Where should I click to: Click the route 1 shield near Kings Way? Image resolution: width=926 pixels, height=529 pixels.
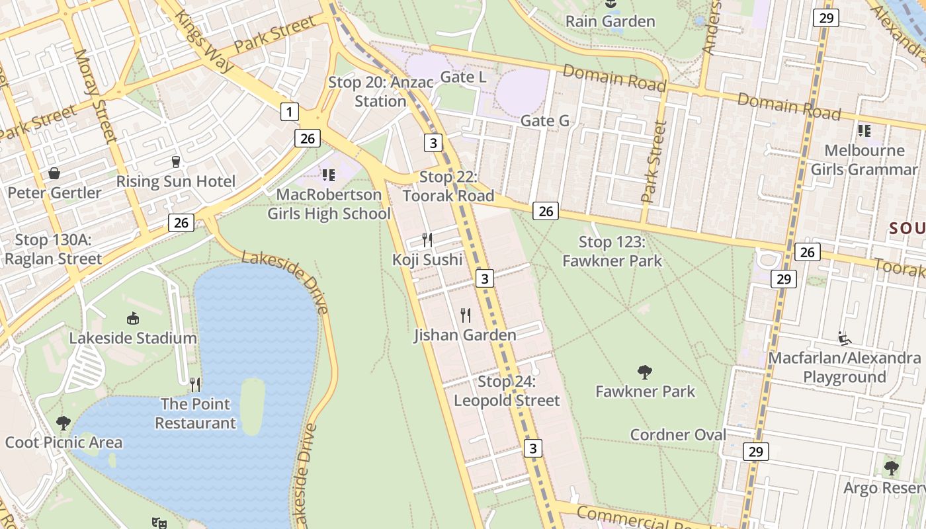pos(289,112)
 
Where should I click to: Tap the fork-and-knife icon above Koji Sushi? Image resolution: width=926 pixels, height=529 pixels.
pos(427,239)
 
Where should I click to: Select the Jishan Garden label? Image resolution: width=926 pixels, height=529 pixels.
pos(465,335)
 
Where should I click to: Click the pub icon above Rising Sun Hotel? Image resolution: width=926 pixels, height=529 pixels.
pos(175,161)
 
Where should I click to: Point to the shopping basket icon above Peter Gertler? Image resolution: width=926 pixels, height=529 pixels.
pos(54,173)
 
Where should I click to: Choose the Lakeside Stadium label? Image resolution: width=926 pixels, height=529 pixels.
pos(133,339)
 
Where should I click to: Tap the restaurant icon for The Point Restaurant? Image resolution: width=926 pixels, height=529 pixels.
pos(195,384)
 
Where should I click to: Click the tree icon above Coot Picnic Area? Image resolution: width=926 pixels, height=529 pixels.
pos(63,423)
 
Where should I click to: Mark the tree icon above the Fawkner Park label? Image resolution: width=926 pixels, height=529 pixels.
pos(645,372)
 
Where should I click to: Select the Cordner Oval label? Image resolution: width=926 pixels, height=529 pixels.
pos(678,435)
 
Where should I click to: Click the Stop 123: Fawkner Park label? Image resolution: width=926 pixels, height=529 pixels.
pos(612,251)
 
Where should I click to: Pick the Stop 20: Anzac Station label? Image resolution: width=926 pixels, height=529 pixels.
pos(380,92)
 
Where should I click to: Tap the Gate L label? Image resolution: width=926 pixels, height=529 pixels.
pos(463,77)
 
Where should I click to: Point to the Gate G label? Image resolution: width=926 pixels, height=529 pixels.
pos(544,121)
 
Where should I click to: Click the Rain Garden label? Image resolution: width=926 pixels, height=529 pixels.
pos(610,21)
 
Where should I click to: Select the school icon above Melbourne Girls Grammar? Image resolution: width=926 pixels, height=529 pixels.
pos(864,131)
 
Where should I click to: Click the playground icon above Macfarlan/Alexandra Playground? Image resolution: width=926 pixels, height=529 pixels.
pos(845,339)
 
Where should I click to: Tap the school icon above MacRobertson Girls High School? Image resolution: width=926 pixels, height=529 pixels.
pos(329,175)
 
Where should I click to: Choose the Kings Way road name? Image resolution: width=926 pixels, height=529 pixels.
pos(204,41)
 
